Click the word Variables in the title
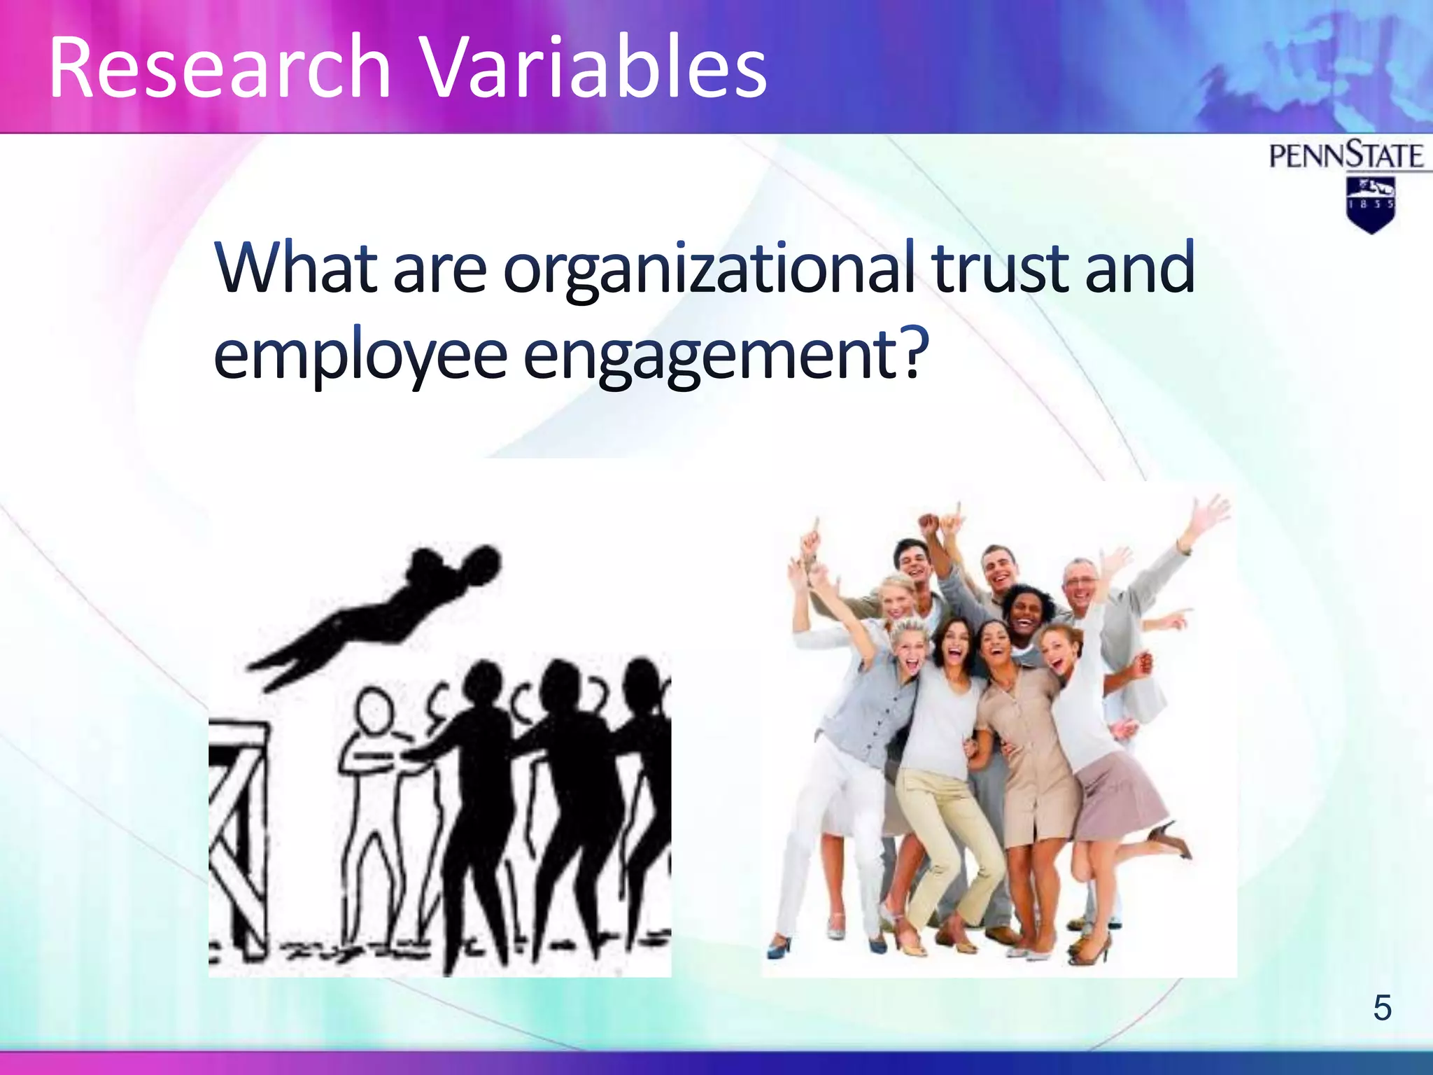tap(595, 69)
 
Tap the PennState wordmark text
tap(1346, 156)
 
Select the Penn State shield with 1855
tap(1370, 204)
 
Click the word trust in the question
tap(1001, 268)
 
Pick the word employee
tap(360, 356)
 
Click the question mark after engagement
tap(914, 351)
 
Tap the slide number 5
tap(1382, 1008)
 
